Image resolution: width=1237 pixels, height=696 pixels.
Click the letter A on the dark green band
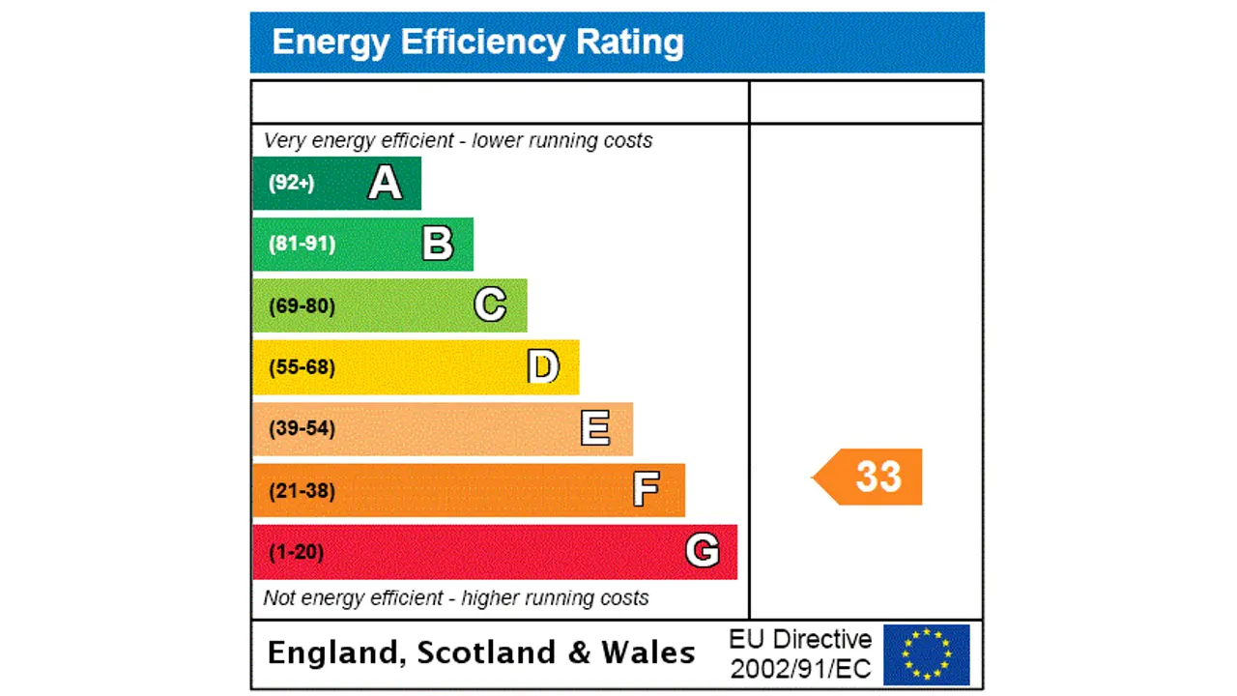pos(385,183)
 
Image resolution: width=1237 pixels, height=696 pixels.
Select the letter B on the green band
pos(437,244)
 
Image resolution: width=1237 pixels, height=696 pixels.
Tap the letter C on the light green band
pos(490,305)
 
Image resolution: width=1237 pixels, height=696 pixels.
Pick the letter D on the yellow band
pos(543,367)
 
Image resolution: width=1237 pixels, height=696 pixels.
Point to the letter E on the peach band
pos(595,428)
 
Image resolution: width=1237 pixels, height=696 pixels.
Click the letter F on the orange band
pos(646,490)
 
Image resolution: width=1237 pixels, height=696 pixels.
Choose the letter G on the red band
pos(702,551)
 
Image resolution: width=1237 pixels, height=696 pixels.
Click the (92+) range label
pos(292,183)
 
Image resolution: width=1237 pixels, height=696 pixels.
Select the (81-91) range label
pos(302,244)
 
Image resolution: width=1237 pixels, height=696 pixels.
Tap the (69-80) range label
pos(302,306)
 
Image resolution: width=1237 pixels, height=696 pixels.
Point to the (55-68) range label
pos(302,367)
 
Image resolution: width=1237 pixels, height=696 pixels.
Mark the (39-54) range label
pos(302,428)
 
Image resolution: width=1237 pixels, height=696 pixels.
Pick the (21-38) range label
pos(302,491)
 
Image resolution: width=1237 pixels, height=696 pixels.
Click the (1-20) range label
pos(297,552)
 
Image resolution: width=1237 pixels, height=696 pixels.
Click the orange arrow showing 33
pos(870,477)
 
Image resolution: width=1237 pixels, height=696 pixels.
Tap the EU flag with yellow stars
pos(926,654)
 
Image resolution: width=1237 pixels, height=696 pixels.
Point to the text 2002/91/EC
pos(800,668)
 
